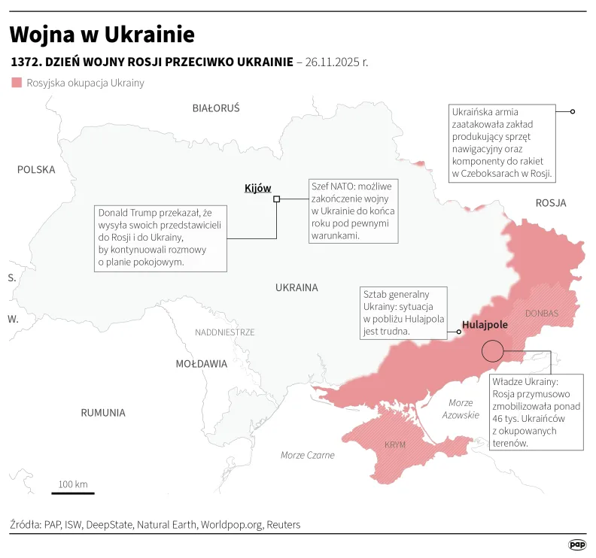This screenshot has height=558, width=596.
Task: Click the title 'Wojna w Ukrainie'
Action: [x=102, y=35]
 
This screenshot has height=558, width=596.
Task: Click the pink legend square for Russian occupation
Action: [x=17, y=83]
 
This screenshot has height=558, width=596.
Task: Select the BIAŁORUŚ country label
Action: [x=216, y=108]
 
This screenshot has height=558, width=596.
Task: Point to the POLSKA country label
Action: [x=36, y=170]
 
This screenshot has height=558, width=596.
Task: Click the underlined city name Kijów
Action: [x=257, y=188]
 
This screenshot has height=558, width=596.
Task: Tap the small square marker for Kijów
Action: [x=277, y=199]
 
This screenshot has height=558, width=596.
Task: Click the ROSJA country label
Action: [x=551, y=203]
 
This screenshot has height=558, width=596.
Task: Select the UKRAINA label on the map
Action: [x=296, y=287]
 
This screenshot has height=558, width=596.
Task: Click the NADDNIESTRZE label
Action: [x=225, y=332]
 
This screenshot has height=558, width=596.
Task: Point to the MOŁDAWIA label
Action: [x=201, y=364]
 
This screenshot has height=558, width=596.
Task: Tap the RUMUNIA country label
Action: [x=103, y=413]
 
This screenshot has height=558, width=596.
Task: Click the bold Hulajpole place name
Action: [x=485, y=325]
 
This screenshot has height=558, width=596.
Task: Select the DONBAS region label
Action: [x=542, y=313]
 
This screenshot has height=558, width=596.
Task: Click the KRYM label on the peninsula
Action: [x=395, y=444]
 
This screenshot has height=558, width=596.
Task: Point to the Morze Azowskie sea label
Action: [x=461, y=409]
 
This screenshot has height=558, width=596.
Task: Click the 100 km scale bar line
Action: [x=73, y=493]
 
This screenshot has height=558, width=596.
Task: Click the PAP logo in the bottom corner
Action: [x=577, y=544]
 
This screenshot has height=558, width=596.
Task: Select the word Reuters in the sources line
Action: [x=283, y=524]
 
